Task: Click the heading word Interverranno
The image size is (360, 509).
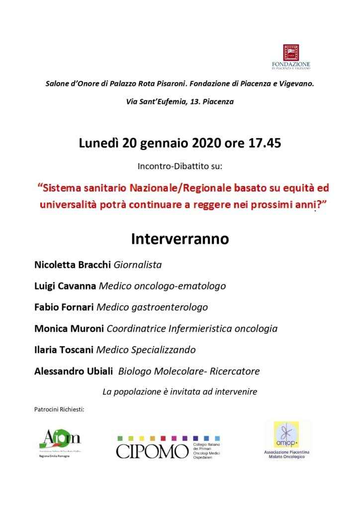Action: pos(180,239)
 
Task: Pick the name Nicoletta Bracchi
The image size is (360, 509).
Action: pos(73,264)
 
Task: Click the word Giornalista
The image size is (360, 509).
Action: pos(138,264)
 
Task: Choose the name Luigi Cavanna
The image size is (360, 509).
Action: pos(65,286)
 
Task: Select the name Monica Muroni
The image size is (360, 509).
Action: pos(69,329)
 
